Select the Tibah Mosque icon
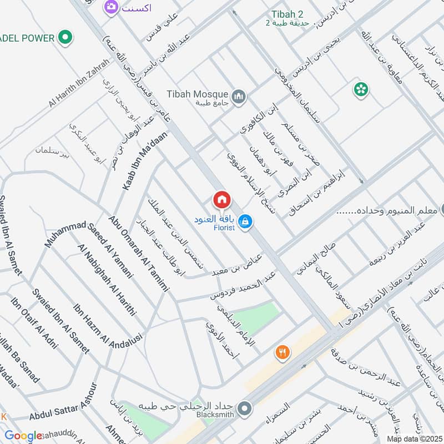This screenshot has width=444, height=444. [x=239, y=97]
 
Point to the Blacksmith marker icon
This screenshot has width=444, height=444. [x=244, y=410]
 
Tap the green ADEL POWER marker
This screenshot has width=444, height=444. [x=66, y=38]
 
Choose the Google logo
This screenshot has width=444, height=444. [x=23, y=436]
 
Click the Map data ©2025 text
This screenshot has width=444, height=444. [x=413, y=438]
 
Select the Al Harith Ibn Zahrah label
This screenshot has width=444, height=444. [x=80, y=83]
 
